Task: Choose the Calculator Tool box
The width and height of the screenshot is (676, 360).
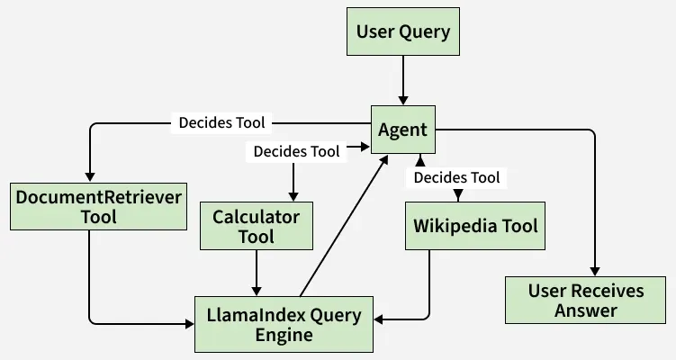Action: [x=256, y=226]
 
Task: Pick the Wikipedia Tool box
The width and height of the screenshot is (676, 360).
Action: [x=475, y=225]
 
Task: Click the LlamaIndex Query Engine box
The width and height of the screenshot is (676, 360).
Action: [x=284, y=325]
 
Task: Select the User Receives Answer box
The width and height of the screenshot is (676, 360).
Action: [x=586, y=301]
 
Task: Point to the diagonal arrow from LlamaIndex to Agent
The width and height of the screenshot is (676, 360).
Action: [x=344, y=224]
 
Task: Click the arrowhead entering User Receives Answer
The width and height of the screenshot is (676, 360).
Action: [x=594, y=270]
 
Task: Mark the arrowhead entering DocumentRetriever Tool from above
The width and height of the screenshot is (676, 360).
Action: [x=90, y=175]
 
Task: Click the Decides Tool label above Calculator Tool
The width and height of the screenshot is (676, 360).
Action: [x=296, y=152]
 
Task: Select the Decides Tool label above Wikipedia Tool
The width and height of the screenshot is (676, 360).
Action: [x=456, y=177]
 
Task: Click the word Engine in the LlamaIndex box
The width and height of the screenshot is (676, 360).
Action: [x=283, y=336]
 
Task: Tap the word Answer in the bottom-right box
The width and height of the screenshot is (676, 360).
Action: [x=586, y=311]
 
